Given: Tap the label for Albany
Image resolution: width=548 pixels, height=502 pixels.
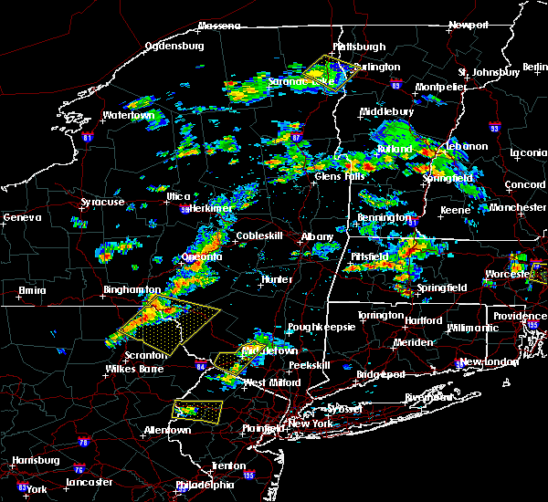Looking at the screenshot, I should point(319,236).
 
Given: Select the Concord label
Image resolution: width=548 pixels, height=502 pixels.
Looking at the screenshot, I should point(523,185).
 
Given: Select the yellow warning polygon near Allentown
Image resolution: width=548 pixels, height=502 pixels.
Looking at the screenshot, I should point(197,411).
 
